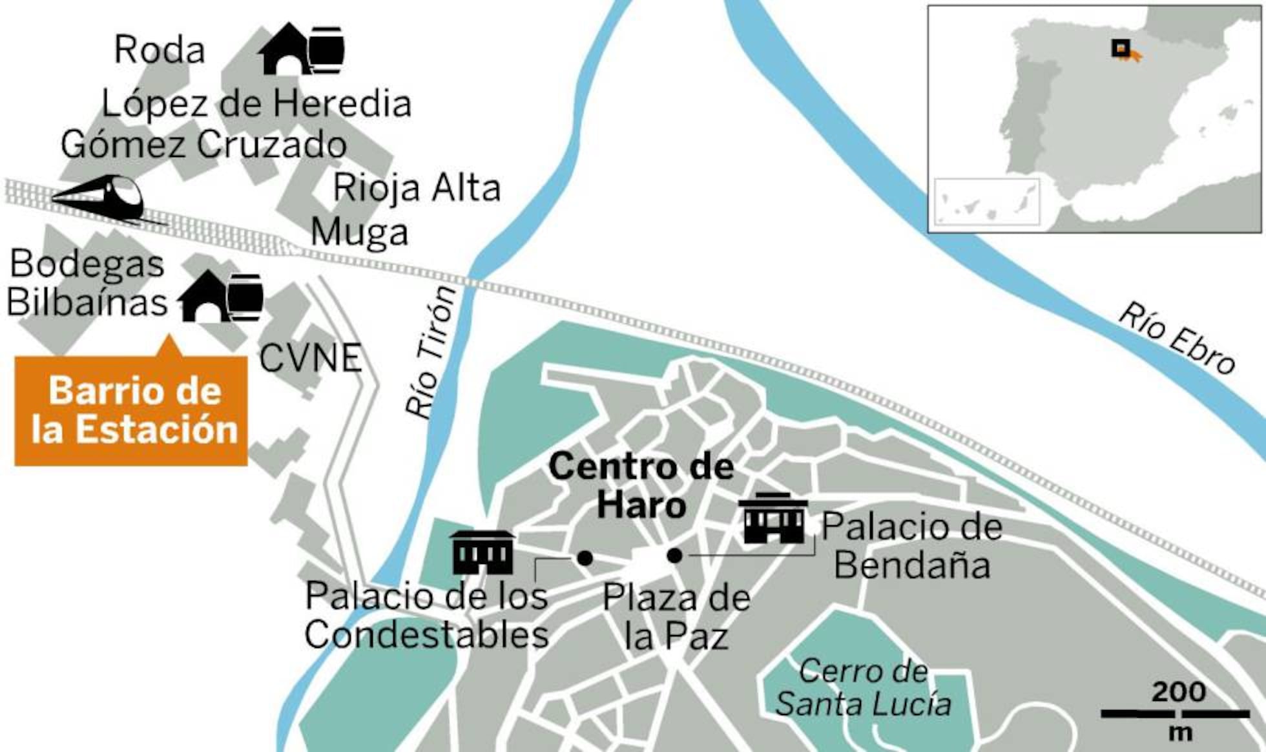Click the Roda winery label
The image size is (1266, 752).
[x=160, y=50]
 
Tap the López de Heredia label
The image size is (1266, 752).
[x=256, y=103]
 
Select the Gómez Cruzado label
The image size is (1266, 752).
[x=203, y=144]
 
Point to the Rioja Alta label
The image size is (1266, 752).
[x=417, y=188]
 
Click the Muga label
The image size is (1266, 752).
[x=359, y=233]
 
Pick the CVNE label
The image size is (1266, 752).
[x=310, y=358]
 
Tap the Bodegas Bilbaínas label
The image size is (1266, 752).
[x=87, y=283]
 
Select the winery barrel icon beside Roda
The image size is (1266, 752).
[x=302, y=49]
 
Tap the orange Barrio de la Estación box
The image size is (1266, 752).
[x=131, y=410]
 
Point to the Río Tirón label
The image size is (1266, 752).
[x=431, y=353]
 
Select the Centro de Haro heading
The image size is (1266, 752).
[x=641, y=485]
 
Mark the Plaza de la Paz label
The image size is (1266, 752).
[x=676, y=617]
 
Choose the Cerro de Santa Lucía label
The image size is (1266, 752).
[x=864, y=688]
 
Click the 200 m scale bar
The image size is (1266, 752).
[x=1175, y=714]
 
